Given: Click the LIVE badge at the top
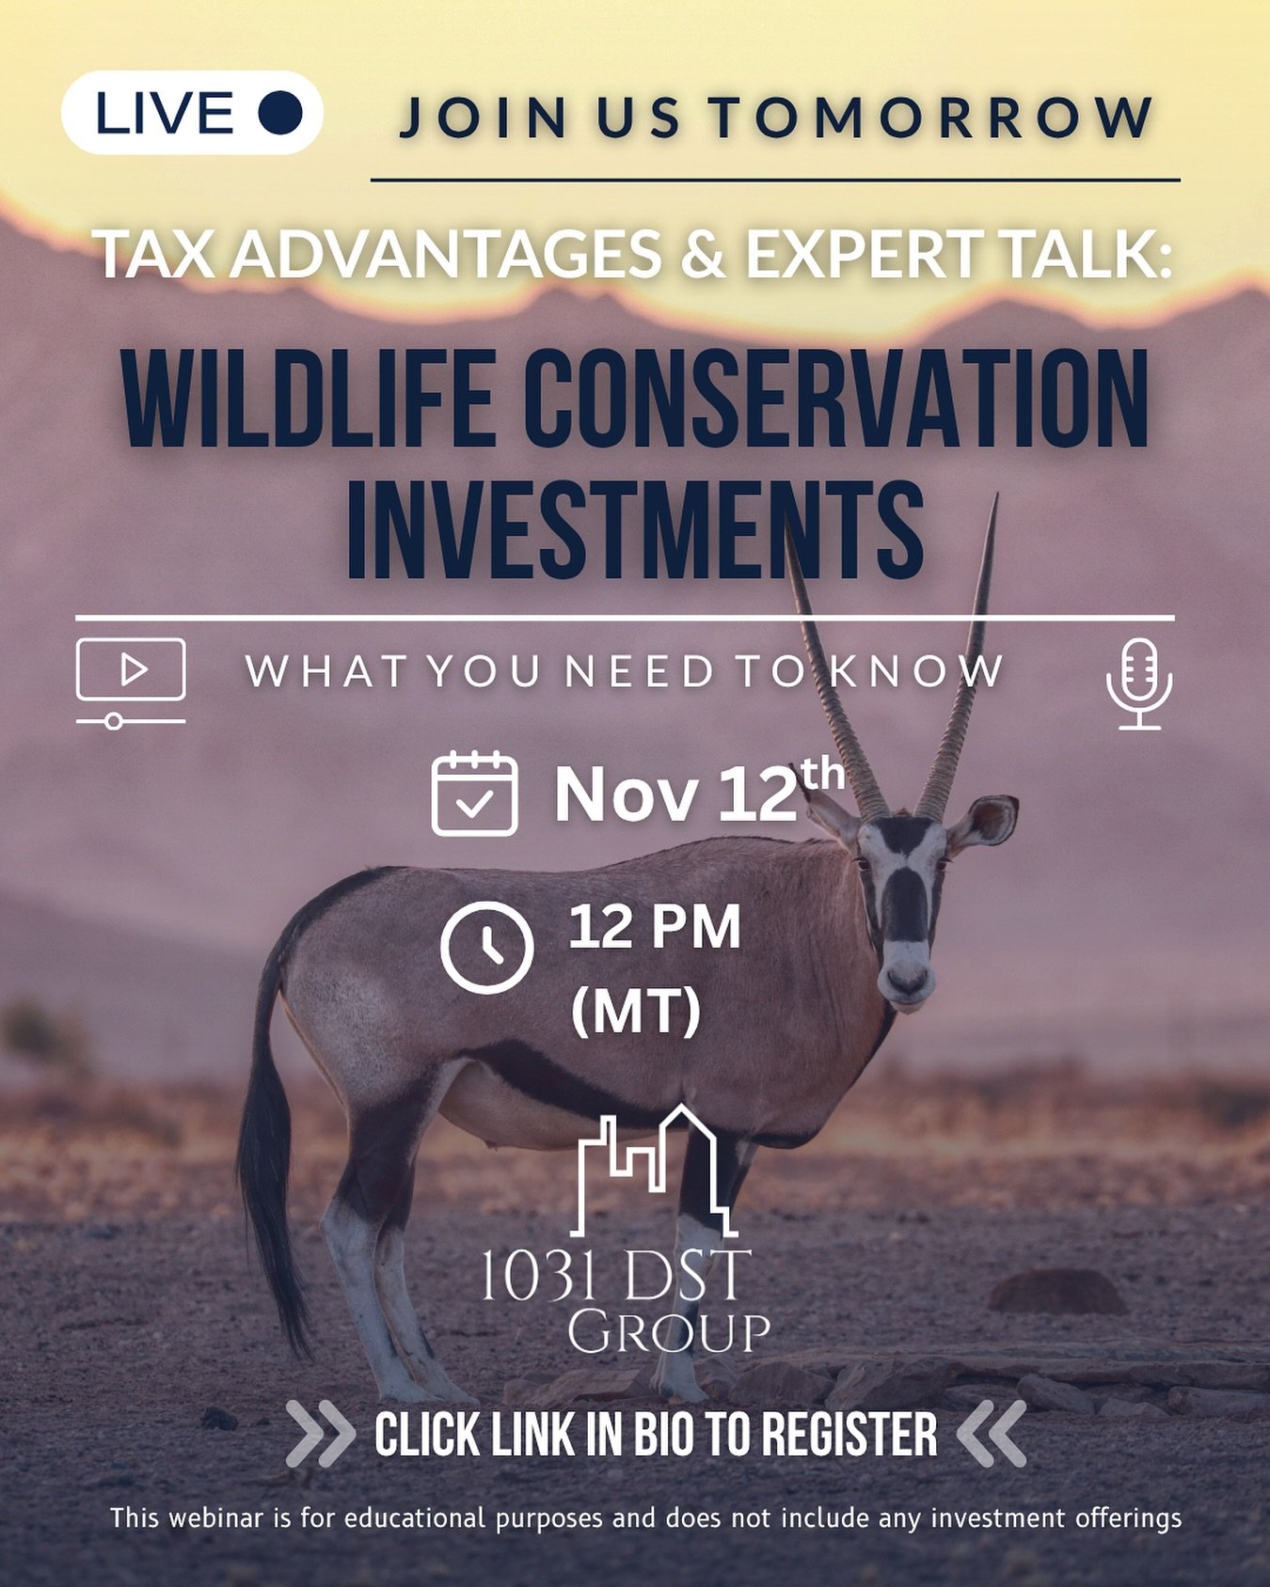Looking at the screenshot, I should click(192, 113).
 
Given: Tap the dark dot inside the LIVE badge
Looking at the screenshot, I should click(280, 113).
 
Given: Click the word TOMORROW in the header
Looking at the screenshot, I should click(930, 118).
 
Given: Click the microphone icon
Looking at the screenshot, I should click(1139, 684).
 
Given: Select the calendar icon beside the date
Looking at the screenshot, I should click(474, 794).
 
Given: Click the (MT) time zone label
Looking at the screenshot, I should click(636, 1011).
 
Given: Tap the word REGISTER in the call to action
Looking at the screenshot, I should click(849, 1435).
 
